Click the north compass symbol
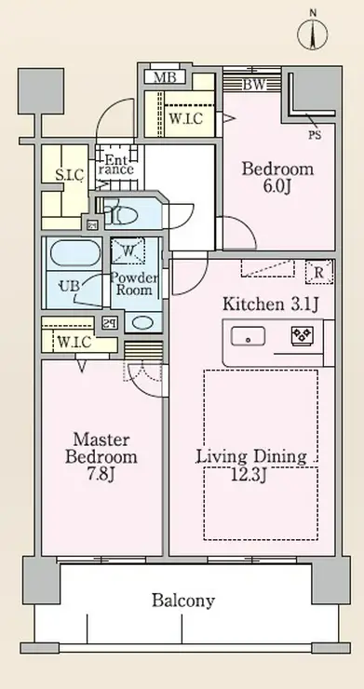313,32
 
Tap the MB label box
165,78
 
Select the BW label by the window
254,85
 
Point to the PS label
315,135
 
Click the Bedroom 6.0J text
277,178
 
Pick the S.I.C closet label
70,175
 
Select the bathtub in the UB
74,253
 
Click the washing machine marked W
128,250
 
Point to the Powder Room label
134,284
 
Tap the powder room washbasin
142,322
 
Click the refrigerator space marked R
319,272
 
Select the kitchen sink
248,337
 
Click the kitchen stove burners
303,336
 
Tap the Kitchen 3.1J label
270,304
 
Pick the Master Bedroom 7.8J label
101,457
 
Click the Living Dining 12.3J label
251,465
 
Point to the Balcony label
183,601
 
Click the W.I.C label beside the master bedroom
74,342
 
